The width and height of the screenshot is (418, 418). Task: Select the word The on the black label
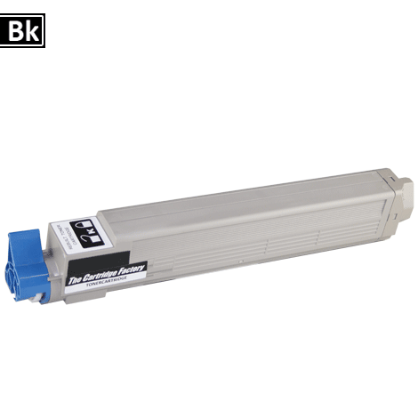coord(78,278)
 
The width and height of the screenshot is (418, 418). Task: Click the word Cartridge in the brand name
coord(106,271)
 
